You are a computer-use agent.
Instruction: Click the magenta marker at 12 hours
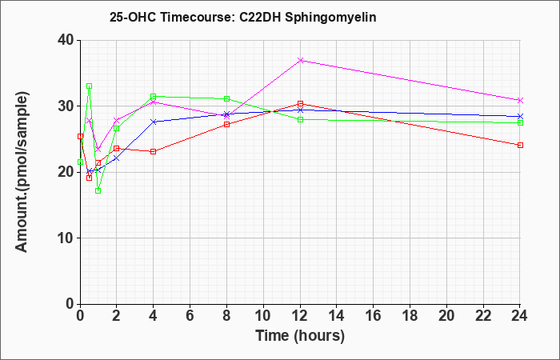300,60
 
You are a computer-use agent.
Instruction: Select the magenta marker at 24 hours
520,100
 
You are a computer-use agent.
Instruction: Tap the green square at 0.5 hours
90,86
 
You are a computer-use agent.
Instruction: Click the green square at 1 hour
98,190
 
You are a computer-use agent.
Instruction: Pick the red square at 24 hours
520,145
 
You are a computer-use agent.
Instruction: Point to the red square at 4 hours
154,151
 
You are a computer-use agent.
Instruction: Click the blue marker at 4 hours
154,122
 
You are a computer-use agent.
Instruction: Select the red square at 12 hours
300,103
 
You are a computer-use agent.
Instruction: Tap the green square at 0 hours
80,162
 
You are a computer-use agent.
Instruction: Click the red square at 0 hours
80,136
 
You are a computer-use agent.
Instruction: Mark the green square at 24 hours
520,123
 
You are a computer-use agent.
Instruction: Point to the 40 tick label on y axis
66,40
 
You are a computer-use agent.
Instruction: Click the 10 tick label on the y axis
66,238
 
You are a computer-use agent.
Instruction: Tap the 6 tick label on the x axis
190,316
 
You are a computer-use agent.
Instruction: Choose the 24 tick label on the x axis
520,316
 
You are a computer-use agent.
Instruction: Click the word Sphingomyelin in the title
330,18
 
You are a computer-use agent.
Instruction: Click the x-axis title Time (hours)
300,336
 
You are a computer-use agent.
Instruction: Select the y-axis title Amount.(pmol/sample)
22,172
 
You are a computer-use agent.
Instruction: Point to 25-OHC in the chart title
132,17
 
